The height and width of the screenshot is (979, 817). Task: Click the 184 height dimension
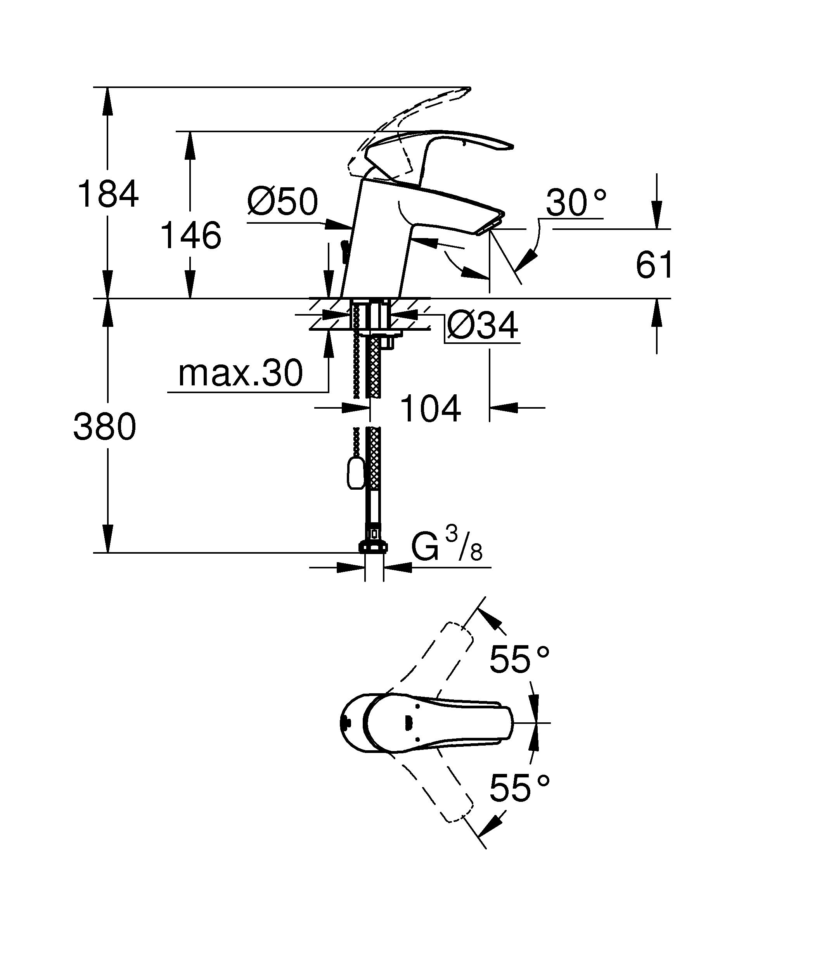tap(108, 193)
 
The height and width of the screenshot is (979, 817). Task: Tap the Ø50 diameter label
tap(282, 202)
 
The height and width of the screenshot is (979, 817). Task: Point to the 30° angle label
tap(576, 203)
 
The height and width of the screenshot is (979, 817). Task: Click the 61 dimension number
tap(654, 265)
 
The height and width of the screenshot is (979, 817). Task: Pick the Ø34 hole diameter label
tap(482, 325)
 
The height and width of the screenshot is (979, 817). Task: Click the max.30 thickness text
tap(241, 373)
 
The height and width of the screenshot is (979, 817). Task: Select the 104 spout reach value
tap(430, 409)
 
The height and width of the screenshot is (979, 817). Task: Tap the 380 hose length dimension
tap(105, 426)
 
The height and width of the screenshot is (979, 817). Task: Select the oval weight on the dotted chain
tap(355, 472)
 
